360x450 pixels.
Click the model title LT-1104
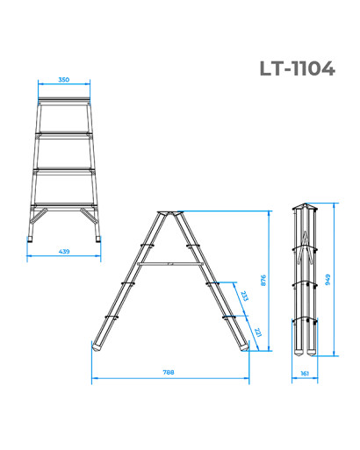[297, 68]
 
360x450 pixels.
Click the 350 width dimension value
[64, 80]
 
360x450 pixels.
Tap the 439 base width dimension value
[64, 251]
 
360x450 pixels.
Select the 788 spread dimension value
[169, 372]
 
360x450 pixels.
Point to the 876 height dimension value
[263, 280]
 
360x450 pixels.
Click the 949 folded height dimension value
[328, 280]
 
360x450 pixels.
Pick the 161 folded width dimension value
[305, 374]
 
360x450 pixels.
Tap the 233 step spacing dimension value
[244, 296]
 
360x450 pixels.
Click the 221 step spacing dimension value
[257, 332]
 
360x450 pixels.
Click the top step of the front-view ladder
[64, 99]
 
